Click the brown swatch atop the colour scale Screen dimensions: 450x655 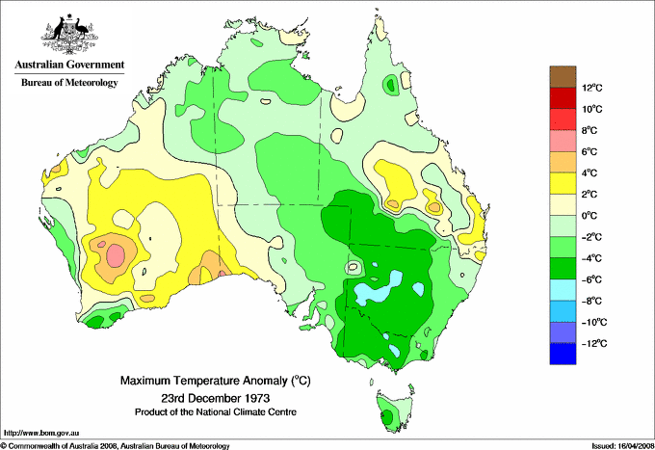point(562,77)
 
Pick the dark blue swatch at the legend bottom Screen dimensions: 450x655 point(562,354)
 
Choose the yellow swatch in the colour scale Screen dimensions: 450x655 point(562,183)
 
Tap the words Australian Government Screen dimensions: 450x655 point(68,66)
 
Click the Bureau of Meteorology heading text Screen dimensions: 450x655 point(68,83)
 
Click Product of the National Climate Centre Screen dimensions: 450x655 point(214,411)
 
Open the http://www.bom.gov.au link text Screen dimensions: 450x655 point(39,434)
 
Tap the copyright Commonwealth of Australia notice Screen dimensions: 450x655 point(116,445)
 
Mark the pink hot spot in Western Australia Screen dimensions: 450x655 point(116,255)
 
